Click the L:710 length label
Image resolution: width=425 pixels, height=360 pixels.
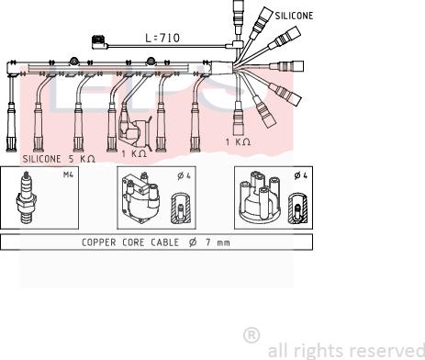[x=162, y=38]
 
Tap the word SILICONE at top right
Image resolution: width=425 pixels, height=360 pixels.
[x=294, y=16]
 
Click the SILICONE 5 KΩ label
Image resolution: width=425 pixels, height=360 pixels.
[x=59, y=159]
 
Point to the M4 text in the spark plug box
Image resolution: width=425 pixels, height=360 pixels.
[x=68, y=174]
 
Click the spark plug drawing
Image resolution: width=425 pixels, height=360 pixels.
[x=27, y=197]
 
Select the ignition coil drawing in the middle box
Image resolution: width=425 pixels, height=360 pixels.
[x=140, y=198]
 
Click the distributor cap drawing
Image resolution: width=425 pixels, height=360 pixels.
[x=260, y=197]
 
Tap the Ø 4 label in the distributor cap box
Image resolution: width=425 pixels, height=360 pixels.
[x=301, y=175]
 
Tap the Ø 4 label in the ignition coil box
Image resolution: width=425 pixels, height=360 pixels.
[x=184, y=175]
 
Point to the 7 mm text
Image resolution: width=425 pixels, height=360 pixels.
[x=218, y=242]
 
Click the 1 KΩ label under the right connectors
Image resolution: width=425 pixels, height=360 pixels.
[x=238, y=141]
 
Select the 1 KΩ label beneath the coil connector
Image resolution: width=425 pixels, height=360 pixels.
[x=134, y=153]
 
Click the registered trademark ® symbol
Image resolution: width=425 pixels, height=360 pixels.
[x=252, y=335]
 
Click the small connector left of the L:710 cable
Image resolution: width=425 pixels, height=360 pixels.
[x=99, y=42]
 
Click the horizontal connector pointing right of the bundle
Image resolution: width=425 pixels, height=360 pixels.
[x=286, y=66]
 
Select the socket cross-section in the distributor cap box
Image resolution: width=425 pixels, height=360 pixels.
[x=298, y=208]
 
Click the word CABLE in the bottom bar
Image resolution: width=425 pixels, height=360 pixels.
[x=164, y=242]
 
